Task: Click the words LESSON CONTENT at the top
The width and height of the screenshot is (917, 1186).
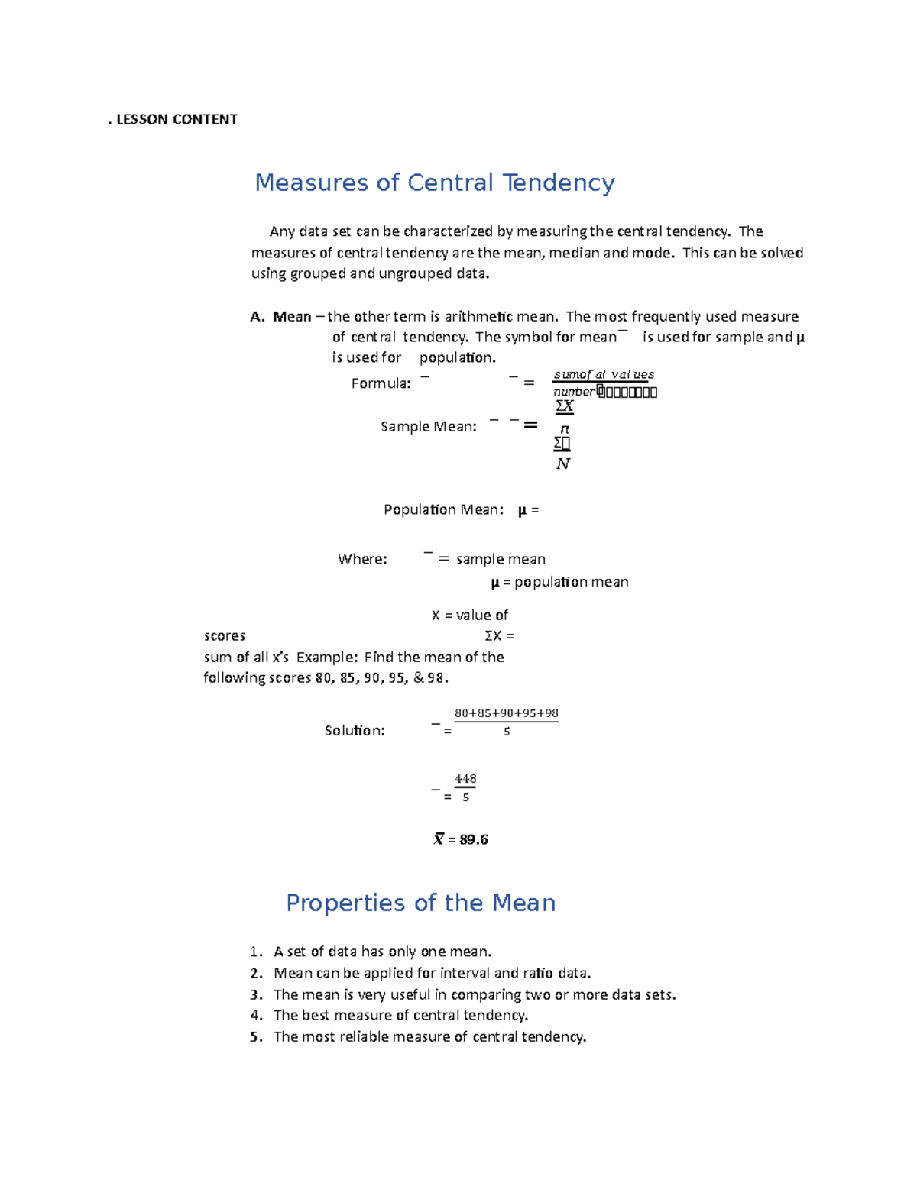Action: pyautogui.click(x=177, y=119)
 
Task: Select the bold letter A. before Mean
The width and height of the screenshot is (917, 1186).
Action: pyautogui.click(x=257, y=317)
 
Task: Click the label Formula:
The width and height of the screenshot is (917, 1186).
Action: pyautogui.click(x=381, y=383)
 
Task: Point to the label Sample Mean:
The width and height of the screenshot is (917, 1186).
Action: pyautogui.click(x=428, y=427)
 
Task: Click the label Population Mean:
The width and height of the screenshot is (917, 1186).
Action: pyautogui.click(x=443, y=510)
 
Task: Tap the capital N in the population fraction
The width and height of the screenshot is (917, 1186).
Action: pyautogui.click(x=562, y=464)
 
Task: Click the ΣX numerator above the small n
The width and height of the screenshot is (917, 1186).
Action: pyautogui.click(x=564, y=406)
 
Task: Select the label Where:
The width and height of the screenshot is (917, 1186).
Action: pyautogui.click(x=362, y=560)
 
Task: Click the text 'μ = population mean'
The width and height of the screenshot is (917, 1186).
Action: pyautogui.click(x=559, y=583)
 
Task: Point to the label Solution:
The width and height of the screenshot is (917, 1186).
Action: pyautogui.click(x=355, y=731)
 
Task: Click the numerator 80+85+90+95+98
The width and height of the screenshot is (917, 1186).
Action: pyautogui.click(x=506, y=713)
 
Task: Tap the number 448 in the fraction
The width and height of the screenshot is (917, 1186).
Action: pyautogui.click(x=465, y=779)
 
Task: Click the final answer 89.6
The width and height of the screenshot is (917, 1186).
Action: pyautogui.click(x=474, y=840)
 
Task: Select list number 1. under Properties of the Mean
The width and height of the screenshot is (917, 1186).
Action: pyautogui.click(x=256, y=952)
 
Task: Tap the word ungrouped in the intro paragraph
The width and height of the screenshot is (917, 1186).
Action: pyautogui.click(x=414, y=274)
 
